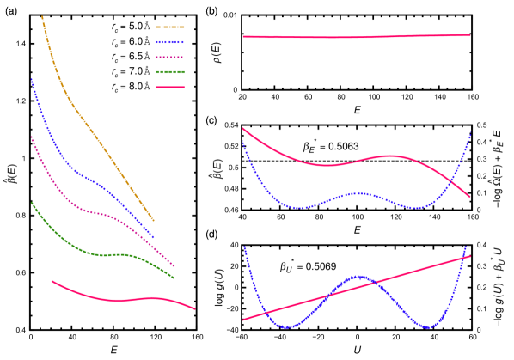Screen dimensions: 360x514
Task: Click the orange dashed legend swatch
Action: [170, 27]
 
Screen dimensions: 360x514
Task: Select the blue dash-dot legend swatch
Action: [170, 42]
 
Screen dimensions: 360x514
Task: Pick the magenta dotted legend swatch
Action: [170, 57]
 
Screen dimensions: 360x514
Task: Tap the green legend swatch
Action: [170, 72]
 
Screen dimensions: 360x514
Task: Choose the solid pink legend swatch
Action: [170, 87]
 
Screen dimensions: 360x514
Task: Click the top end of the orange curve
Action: [42, 16]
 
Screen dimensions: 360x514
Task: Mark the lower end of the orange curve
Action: [154, 221]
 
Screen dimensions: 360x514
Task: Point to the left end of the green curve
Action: [32, 203]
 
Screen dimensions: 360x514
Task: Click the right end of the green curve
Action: [174, 278]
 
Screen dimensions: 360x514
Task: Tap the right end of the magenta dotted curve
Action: [174, 266]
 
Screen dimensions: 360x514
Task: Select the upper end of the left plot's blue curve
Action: [32, 79]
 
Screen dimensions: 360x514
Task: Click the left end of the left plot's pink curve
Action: [52, 280]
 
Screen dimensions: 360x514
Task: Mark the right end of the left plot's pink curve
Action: [194, 308]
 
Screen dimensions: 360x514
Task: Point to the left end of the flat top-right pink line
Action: [243, 37]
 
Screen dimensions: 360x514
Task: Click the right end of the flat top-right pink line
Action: [470, 35]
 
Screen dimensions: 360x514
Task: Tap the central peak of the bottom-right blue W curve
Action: [358, 276]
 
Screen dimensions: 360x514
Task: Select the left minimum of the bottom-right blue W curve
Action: [289, 327]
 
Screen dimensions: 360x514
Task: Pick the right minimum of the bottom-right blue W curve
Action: [428, 327]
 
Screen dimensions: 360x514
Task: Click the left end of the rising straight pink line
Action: [243, 320]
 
